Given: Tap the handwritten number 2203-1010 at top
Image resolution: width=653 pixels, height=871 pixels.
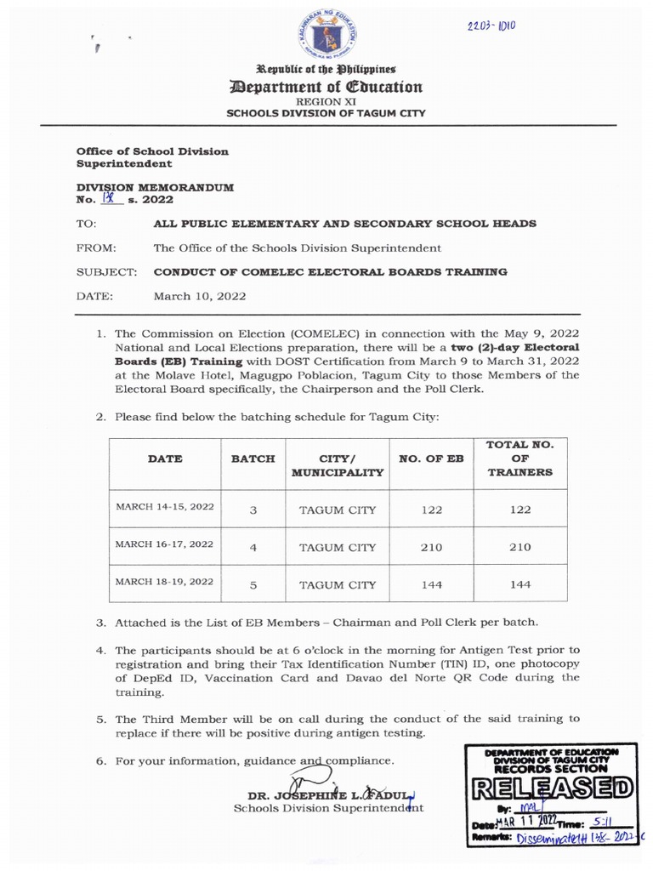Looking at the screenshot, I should tap(492, 26).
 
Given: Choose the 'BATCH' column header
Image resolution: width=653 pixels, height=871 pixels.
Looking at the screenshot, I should tap(253, 458).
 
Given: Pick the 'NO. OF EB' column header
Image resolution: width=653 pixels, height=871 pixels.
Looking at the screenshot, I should tap(431, 458).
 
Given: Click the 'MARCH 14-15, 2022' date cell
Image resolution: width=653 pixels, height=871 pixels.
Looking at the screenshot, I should tap(165, 507).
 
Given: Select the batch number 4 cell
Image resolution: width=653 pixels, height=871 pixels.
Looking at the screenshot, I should tap(253, 547).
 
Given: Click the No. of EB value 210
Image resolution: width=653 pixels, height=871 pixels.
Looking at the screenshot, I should tap(431, 547).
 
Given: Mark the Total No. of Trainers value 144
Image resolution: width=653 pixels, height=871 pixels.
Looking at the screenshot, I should tap(520, 584).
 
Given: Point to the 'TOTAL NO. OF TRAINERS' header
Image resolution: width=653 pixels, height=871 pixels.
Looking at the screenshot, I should tap(520, 458).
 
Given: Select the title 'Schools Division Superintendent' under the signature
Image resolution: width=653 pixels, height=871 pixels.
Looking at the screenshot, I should tap(328, 808).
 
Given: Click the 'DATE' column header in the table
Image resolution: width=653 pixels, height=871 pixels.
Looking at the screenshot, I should tap(165, 458).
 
